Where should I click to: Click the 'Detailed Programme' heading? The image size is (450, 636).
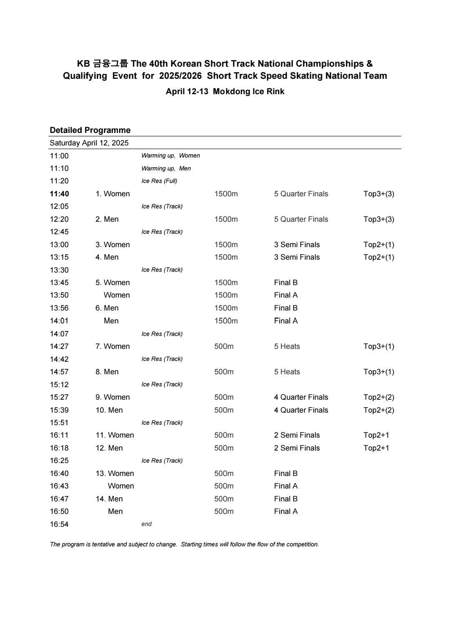pyautogui.click(x=90, y=130)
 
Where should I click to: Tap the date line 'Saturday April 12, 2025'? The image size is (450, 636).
pyautogui.click(x=89, y=143)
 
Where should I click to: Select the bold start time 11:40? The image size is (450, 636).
pyautogui.click(x=60, y=194)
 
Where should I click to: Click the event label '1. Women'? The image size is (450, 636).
pyautogui.click(x=112, y=194)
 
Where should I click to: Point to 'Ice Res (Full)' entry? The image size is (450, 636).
pyautogui.click(x=159, y=181)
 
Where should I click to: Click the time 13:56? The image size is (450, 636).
pyautogui.click(x=59, y=308)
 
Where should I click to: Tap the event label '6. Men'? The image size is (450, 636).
pyautogui.click(x=107, y=308)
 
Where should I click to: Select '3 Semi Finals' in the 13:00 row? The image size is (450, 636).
pyautogui.click(x=297, y=245)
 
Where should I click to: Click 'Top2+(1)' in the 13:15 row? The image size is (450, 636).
pyautogui.click(x=378, y=257)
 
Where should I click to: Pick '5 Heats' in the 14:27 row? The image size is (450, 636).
pyautogui.click(x=287, y=346)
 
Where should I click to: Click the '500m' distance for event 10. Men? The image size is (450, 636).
pyautogui.click(x=224, y=410)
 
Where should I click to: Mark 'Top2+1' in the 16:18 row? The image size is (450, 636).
pyautogui.click(x=376, y=448)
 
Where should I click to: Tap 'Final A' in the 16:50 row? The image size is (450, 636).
pyautogui.click(x=286, y=511)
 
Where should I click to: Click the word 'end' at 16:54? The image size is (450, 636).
pyautogui.click(x=147, y=524)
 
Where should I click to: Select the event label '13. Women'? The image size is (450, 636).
pyautogui.click(x=115, y=473)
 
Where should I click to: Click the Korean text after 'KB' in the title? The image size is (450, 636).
pyautogui.click(x=110, y=64)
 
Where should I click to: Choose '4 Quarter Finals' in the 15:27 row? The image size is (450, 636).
pyautogui.click(x=301, y=397)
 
